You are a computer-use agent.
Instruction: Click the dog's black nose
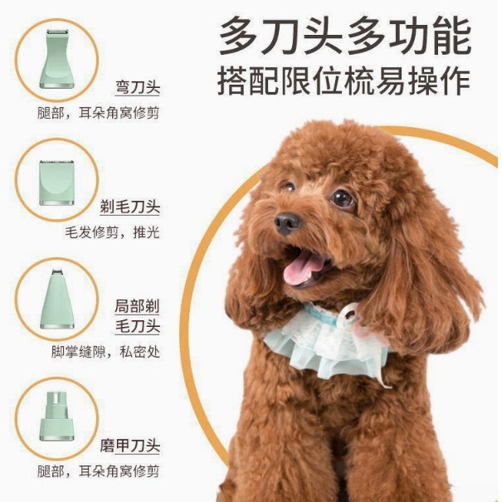pyautogui.click(x=287, y=222)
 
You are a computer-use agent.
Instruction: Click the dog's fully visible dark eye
pyautogui.click(x=342, y=198)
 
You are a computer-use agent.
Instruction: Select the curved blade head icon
pyautogui.click(x=57, y=59)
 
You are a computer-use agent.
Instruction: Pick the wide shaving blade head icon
pyautogui.click(x=57, y=183)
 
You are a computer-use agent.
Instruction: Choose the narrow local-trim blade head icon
pyautogui.click(x=57, y=299)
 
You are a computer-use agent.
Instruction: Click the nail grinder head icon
pyautogui.click(x=57, y=416)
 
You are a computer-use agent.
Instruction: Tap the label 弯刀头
pyautogui.click(x=138, y=87)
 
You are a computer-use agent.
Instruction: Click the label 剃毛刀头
pyautogui.click(x=129, y=207)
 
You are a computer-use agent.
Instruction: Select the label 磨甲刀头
pyautogui.click(x=129, y=446)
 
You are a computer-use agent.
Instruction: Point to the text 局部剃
pyautogui.click(x=137, y=306)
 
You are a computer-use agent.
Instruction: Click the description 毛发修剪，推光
pyautogui.click(x=112, y=232)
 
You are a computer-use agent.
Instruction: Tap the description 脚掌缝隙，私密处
pyautogui.click(x=105, y=352)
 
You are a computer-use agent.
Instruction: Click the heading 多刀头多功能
pyautogui.click(x=345, y=36)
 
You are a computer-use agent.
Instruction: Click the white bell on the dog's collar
pyautogui.click(x=349, y=313)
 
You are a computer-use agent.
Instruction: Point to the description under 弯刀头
pyautogui.click(x=98, y=113)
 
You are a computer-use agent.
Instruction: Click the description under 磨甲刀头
pyautogui.click(x=98, y=471)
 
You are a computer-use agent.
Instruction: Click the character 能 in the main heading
pyautogui.click(x=451, y=36)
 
